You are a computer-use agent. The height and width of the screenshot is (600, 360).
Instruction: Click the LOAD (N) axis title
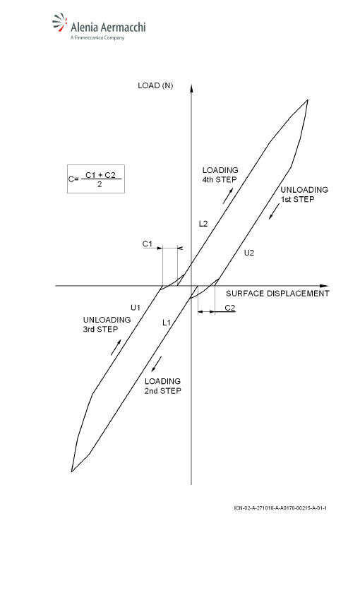pos(155,85)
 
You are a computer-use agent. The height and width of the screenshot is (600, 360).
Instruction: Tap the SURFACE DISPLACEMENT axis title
pos(277,294)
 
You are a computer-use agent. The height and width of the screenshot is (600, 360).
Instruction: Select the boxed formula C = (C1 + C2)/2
pos(95,179)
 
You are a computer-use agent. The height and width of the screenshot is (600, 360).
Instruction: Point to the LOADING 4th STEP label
pos(220,175)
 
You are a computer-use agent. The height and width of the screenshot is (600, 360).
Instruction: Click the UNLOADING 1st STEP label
pos(304,194)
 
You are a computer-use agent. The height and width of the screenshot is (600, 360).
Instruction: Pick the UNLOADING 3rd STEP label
pos(107,325)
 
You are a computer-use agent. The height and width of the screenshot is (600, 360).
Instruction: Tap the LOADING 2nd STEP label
pos(162,386)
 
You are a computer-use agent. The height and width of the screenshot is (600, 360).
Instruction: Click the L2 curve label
pos(203,224)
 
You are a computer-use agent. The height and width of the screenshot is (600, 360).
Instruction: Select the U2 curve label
pos(249,253)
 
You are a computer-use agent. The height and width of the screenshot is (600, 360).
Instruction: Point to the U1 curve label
pos(136,307)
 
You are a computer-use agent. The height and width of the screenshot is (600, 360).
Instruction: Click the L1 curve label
pos(167,323)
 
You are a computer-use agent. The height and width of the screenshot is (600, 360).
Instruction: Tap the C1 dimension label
pos(148,244)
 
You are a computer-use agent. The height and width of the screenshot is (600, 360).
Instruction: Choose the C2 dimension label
pos(230,308)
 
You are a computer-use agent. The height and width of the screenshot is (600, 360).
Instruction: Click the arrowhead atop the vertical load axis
pos(191,89)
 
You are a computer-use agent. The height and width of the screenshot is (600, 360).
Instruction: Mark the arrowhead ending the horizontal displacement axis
pos(324,286)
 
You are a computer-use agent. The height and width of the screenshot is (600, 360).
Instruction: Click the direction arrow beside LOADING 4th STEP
pos(227,195)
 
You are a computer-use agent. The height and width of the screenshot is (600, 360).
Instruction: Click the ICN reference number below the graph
pos(280,508)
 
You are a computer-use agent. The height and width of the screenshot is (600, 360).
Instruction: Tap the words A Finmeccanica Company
pos(97,37)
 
